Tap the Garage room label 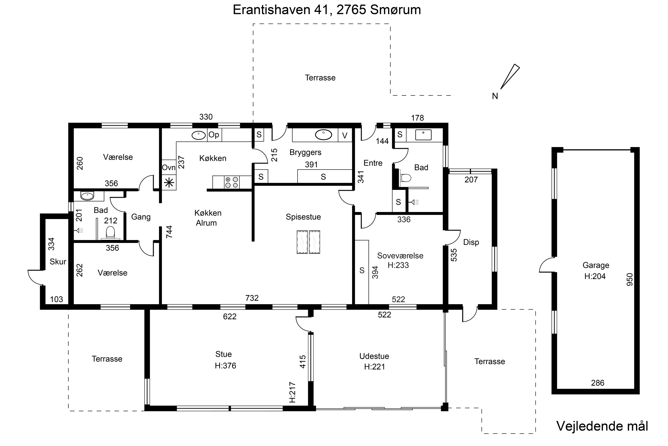(596, 265)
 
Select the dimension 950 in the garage (630, 279)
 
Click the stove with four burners (232, 182)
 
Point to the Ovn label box (169, 167)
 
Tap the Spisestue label (303, 217)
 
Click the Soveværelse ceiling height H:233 (398, 265)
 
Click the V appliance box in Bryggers (345, 136)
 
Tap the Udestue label (374, 356)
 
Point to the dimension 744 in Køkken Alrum (169, 232)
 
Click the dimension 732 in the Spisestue (252, 298)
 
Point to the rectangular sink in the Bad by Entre (423, 135)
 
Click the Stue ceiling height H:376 (225, 365)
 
